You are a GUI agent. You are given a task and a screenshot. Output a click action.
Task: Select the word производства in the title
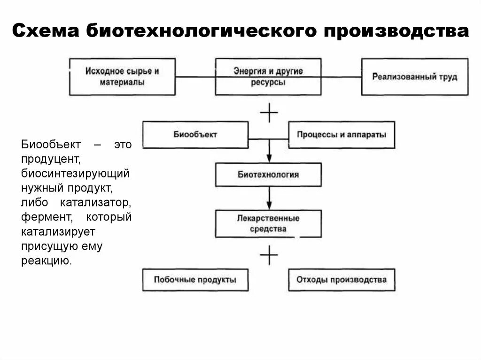tap(396, 31)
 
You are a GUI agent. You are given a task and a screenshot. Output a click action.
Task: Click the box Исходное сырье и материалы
tap(122, 77)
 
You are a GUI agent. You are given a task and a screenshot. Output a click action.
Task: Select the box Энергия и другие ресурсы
tap(268, 77)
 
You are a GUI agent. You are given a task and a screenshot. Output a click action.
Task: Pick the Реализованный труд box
tap(414, 77)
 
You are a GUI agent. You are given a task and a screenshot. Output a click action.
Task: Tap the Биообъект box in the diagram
tap(195, 135)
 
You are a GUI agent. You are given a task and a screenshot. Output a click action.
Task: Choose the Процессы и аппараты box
tap(341, 135)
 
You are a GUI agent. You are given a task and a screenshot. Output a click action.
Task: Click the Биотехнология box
tap(268, 175)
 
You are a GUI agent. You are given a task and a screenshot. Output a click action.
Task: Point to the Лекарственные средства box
tap(268, 223)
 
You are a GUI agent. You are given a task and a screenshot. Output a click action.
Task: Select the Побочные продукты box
tap(195, 280)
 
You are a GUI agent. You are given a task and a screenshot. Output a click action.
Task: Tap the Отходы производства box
tap(341, 280)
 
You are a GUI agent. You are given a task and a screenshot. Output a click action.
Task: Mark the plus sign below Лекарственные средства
tap(269, 255)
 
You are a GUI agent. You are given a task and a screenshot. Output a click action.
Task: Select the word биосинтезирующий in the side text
tap(75, 174)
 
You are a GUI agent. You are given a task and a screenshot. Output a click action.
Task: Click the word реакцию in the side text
tap(47, 260)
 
